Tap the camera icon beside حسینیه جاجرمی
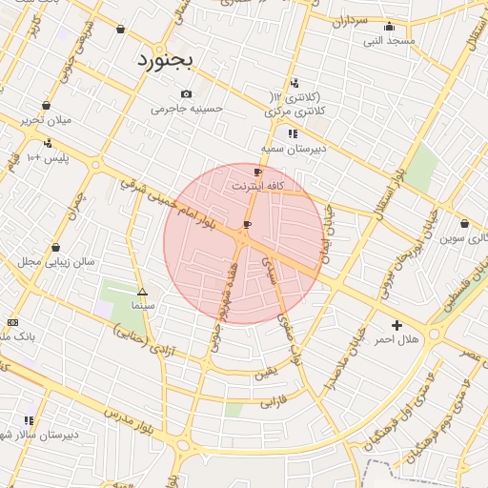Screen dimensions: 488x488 tap(186, 94)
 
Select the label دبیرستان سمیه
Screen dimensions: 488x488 tap(295, 149)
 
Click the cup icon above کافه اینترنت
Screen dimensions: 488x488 tap(257, 173)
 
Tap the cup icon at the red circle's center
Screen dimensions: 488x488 tap(248, 225)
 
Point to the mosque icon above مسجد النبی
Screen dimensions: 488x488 tap(389, 27)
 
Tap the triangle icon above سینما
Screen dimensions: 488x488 tap(143, 293)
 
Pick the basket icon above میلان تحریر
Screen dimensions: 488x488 tap(46, 105)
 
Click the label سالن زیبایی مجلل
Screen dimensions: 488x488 tap(56, 261)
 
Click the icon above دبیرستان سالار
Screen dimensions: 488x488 tap(29, 419)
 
